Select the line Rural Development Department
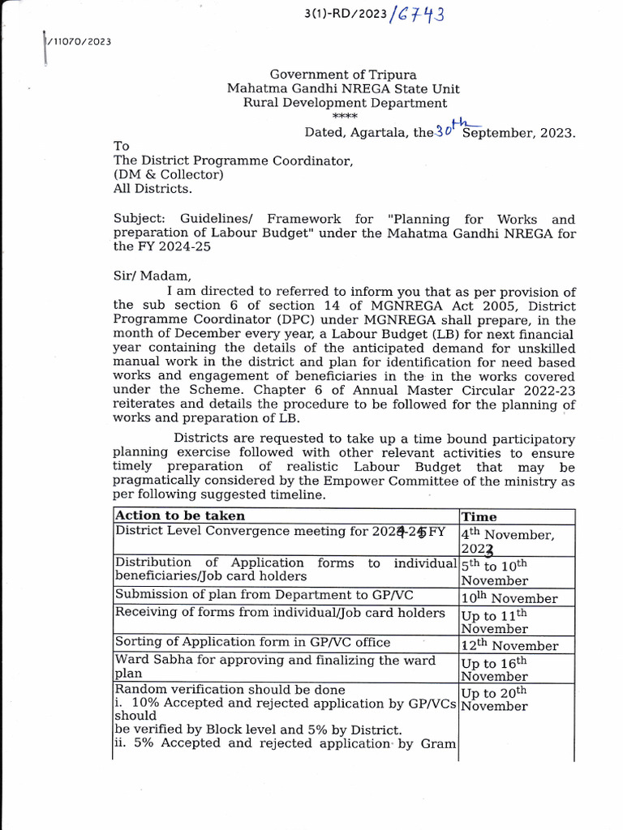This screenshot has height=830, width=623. pos(345,103)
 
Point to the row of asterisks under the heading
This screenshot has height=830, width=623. pos(345,117)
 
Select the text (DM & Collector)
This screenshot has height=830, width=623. pos(168,174)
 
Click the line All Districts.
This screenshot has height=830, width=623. pos(153,189)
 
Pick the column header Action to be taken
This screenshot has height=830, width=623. pos(180,516)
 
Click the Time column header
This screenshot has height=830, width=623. pos(479,516)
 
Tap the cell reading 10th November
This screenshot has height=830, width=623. pos(509,598)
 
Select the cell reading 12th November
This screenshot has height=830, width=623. pos(509,645)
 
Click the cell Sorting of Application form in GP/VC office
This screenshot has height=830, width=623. pos(253,642)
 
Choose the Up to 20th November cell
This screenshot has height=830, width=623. pos(495,699)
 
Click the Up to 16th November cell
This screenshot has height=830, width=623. pos(495,669)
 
